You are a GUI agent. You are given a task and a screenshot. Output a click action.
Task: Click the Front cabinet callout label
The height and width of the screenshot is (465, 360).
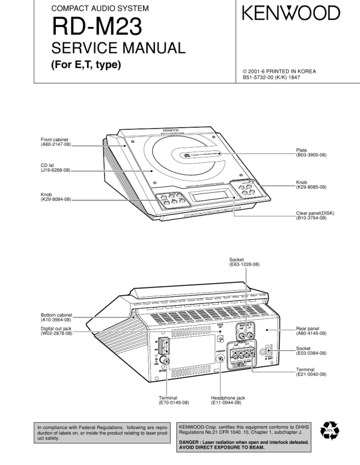[56, 142]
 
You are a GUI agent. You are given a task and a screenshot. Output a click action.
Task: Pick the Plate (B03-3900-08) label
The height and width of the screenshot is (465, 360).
[311, 152]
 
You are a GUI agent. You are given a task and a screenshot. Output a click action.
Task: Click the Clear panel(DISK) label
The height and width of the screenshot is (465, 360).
[315, 215]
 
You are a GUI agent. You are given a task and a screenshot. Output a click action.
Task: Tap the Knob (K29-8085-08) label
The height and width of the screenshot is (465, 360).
[311, 185]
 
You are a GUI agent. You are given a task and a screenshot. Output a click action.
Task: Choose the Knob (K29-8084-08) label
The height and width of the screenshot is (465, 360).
[55, 197]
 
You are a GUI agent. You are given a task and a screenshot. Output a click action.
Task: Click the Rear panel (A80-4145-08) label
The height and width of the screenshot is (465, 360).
[311, 332]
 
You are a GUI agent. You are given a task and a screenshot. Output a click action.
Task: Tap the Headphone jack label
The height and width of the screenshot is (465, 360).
[228, 400]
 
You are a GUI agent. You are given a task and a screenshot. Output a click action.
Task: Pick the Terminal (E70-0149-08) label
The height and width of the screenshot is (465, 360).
[174, 400]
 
